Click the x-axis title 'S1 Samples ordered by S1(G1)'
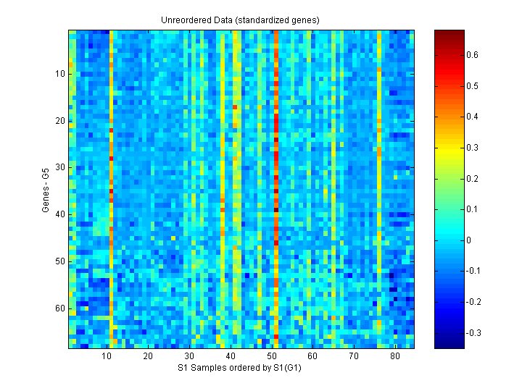click(x=240, y=369)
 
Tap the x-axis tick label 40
click(x=231, y=357)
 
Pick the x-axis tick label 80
click(x=395, y=357)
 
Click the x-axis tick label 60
click(x=312, y=357)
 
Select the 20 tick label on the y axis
click(x=60, y=120)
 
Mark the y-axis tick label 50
click(x=60, y=261)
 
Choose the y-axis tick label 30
click(x=60, y=167)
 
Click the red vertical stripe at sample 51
click(x=276, y=188)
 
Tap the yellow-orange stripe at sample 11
click(x=111, y=188)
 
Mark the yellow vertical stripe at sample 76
click(x=379, y=188)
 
